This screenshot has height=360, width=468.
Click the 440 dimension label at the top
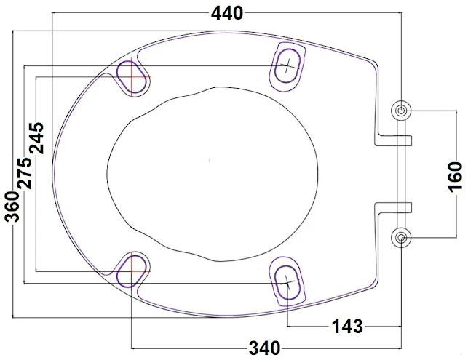click(226, 13)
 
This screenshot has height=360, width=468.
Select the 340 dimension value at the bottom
click(264, 348)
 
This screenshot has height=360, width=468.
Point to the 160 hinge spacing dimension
click(454, 175)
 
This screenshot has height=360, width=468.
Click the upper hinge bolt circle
click(402, 111)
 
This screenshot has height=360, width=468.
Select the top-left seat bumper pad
click(132, 76)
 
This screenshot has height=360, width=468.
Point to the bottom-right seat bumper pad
click(288, 279)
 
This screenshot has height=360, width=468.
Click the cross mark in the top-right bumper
click(289, 65)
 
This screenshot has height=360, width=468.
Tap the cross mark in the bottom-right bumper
click(288, 281)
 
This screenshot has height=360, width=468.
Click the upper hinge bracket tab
click(394, 138)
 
